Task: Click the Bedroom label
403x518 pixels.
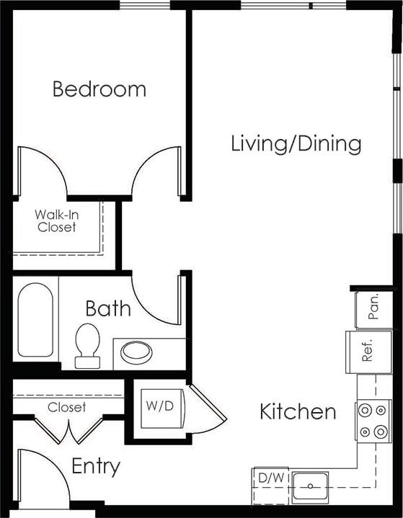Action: point(99,89)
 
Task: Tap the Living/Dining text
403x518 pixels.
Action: point(296,143)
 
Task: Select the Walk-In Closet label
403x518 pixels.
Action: point(56,220)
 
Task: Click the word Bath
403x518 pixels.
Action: point(108,309)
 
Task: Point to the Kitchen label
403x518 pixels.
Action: point(298,412)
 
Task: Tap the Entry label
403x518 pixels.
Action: point(96,467)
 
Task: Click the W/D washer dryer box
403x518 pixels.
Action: point(159,406)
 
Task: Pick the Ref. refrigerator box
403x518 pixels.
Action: point(366,352)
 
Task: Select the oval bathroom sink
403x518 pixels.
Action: point(136,352)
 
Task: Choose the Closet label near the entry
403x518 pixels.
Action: point(66,407)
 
